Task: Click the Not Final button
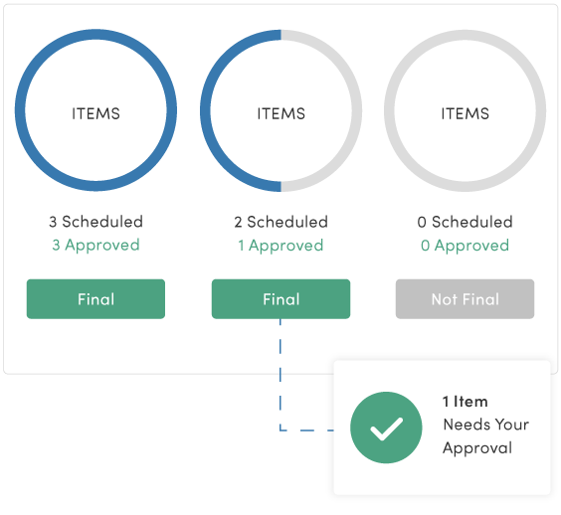465,299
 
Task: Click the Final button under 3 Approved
95,299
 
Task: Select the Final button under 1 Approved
280,299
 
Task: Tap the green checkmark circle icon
387,428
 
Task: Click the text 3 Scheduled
95,222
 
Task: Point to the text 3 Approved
95,246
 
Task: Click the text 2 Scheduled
280,222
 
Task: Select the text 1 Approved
280,246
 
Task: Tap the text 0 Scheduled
465,222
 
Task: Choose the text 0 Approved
465,246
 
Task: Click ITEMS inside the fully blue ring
95,113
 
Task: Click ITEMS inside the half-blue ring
280,113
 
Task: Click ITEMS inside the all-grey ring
465,113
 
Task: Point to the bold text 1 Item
465,402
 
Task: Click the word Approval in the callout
477,447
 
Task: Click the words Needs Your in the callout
485,425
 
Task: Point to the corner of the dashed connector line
280,429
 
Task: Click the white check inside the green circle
387,429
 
